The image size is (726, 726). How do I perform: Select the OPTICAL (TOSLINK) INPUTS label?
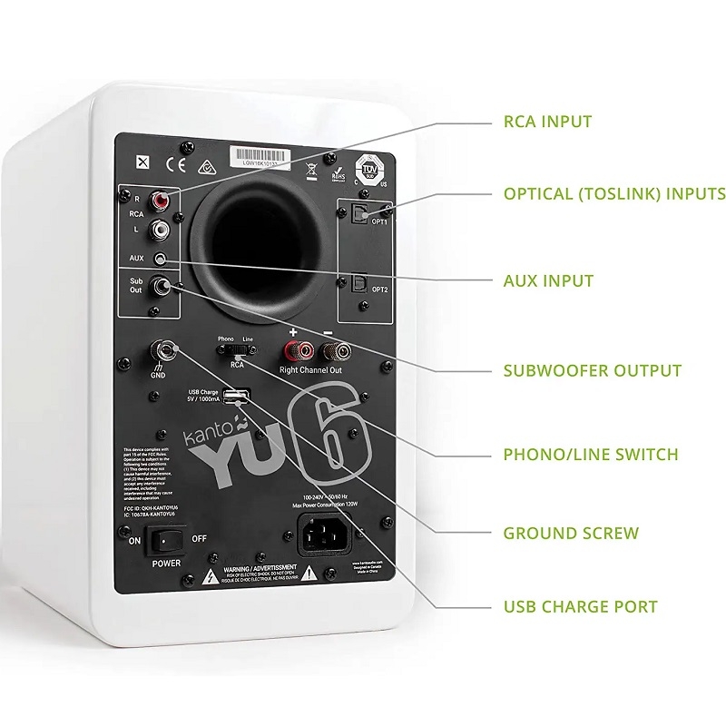click(613, 193)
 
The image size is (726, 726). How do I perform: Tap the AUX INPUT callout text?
click(548, 280)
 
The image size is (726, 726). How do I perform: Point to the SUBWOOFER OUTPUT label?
click(592, 370)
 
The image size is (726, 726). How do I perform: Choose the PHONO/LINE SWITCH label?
click(591, 454)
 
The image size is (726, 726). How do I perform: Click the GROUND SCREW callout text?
click(571, 533)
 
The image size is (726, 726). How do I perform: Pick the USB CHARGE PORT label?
click(580, 606)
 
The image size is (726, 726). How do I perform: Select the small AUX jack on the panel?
click(162, 259)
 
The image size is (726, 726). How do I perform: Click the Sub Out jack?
click(164, 287)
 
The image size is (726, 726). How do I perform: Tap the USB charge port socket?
click(234, 396)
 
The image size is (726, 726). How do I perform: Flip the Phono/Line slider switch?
click(237, 348)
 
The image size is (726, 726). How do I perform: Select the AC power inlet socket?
click(324, 535)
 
